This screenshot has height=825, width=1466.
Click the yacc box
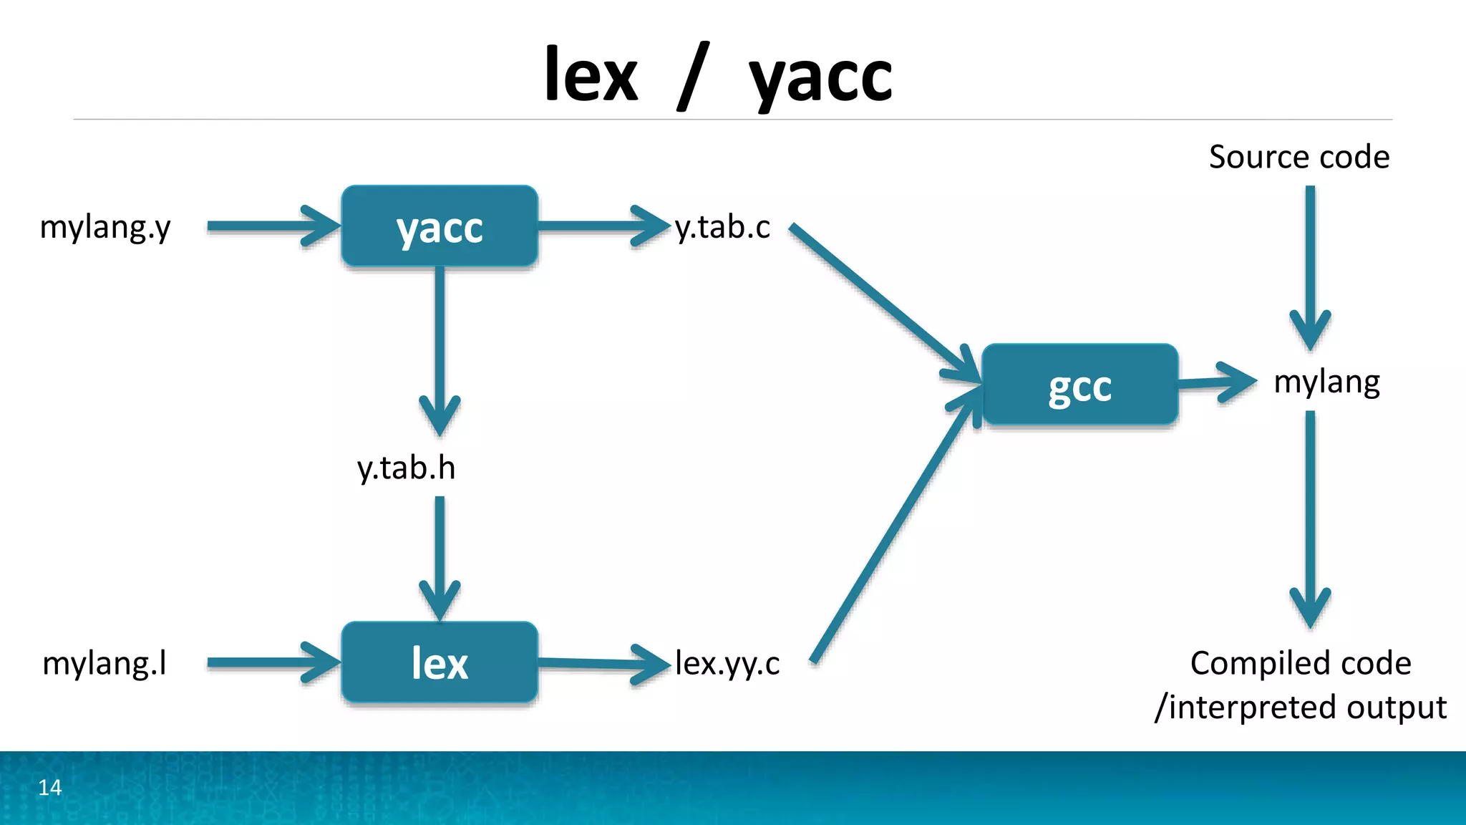click(440, 227)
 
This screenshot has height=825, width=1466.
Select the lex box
click(440, 662)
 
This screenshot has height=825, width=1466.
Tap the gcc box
click(1079, 385)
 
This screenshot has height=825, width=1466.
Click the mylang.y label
click(105, 228)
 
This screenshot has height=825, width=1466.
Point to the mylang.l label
click(105, 663)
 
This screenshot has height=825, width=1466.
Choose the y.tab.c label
click(722, 228)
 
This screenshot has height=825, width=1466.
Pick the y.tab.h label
click(406, 468)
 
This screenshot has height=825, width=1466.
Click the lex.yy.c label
click(727, 663)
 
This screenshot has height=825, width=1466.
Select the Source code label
click(1298, 157)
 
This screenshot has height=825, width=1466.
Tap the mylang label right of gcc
click(1326, 383)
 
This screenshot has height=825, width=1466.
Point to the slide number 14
click(50, 787)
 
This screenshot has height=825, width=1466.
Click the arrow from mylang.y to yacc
click(272, 226)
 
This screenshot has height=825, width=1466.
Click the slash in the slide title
click(693, 76)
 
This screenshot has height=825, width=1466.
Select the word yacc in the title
click(820, 77)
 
